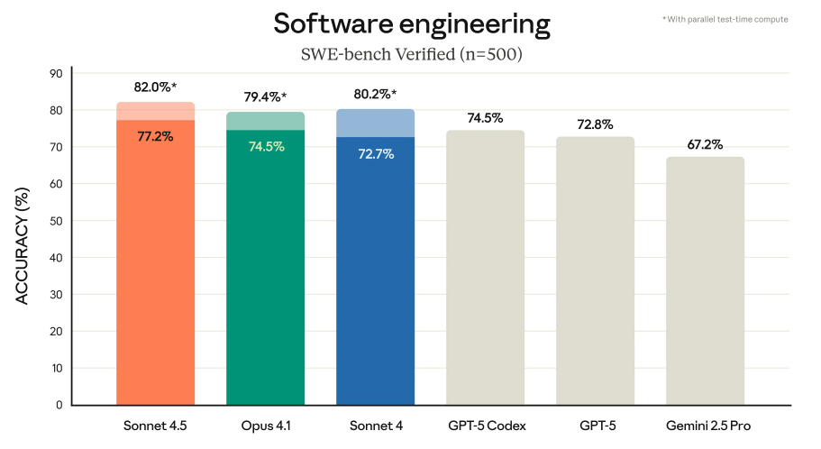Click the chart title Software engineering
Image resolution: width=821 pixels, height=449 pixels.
[x=411, y=24]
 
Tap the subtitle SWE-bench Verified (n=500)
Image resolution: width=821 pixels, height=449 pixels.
[x=411, y=54]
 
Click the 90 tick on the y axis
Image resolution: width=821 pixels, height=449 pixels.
[x=56, y=74]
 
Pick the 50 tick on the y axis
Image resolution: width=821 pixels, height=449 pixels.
[x=56, y=221]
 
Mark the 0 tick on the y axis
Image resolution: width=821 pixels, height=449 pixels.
[x=59, y=405]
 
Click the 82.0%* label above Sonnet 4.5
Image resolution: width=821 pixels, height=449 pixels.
[x=156, y=88]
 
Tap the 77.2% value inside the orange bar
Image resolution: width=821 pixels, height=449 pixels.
[x=156, y=136]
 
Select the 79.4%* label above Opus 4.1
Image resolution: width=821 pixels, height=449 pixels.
[x=265, y=97]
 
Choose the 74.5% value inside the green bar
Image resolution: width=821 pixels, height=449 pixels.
[x=265, y=146]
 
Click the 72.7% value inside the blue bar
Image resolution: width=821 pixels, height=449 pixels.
[x=376, y=153]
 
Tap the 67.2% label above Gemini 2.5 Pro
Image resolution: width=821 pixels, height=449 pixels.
[x=706, y=143]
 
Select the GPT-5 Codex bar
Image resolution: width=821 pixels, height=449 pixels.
[x=486, y=270]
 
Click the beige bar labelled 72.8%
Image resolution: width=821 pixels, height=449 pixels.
[x=596, y=270]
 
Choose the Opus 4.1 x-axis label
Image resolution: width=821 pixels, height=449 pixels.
[x=265, y=425]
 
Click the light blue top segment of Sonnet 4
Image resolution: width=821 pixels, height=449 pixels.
[x=376, y=124]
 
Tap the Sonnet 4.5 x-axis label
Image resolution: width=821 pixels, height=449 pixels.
[x=156, y=425]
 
